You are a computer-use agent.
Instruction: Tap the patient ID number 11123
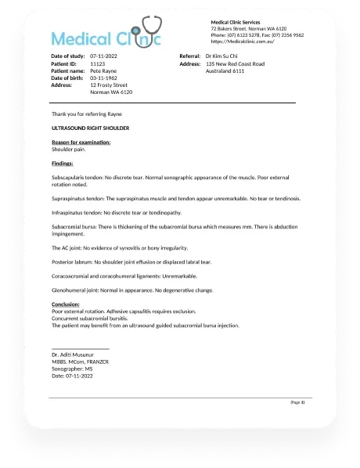[98, 63]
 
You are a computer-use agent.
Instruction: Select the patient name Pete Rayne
[105, 70]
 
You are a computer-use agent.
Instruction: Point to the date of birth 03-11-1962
[105, 77]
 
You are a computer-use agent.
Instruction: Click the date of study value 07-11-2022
[105, 57]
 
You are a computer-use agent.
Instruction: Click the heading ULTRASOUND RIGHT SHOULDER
[90, 127]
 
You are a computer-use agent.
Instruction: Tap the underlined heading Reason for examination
[81, 142]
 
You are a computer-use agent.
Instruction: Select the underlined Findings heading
[63, 163]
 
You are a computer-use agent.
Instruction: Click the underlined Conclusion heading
[66, 304]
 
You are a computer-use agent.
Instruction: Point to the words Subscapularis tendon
[77, 178]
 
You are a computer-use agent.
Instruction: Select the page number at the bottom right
[297, 401]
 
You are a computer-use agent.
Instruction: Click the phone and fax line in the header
[257, 35]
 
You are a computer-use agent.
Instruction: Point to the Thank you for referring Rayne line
[86, 113]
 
